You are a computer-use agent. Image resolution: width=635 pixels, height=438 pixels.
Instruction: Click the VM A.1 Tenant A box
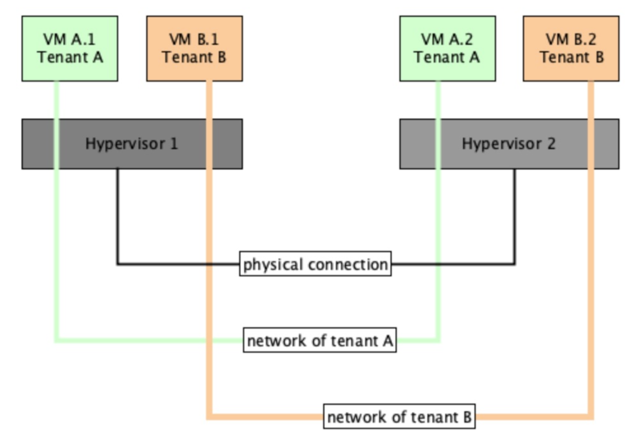coord(70,49)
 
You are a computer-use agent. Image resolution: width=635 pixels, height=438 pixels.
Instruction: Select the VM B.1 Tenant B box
coord(194,49)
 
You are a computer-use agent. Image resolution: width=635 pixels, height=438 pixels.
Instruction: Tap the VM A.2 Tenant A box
coord(447,49)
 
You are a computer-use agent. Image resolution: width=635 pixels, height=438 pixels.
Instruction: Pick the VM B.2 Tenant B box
coord(571,49)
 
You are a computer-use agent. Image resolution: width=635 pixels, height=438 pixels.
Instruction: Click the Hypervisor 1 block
coord(132,144)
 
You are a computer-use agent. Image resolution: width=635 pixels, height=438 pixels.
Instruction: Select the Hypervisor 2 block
coord(509,144)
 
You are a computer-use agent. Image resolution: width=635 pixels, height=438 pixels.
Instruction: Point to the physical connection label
coord(315,264)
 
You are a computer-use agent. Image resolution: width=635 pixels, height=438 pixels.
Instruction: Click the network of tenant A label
coord(320,340)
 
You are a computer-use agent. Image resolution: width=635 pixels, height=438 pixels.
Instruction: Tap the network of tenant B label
coord(399,417)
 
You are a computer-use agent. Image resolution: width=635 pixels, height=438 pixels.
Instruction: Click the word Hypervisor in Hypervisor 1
coord(125,144)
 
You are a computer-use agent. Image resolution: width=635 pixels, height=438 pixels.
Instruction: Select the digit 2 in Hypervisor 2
coord(551,144)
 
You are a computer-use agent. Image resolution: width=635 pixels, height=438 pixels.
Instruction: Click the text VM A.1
coord(70,40)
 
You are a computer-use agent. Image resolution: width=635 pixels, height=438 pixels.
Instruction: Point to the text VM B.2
coord(571,40)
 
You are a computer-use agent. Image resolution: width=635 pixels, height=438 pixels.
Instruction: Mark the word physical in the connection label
coord(273,265)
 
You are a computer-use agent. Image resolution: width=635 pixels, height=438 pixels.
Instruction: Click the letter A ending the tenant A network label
coord(388,340)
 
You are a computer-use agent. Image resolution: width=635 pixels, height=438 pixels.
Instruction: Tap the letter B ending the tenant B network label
coord(467,417)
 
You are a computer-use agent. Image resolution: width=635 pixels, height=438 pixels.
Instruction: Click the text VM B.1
coord(194,40)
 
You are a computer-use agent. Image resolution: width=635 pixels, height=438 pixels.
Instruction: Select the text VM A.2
coord(447,40)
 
